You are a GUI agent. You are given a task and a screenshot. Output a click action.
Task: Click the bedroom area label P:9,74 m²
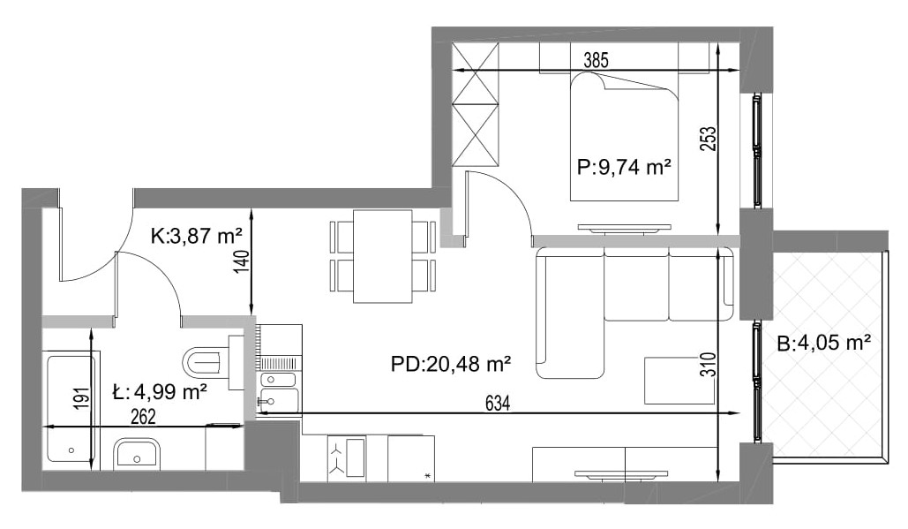[x=624, y=168]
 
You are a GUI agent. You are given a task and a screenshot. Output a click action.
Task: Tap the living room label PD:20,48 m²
[x=451, y=365]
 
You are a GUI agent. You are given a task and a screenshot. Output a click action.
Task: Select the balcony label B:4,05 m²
[x=824, y=343]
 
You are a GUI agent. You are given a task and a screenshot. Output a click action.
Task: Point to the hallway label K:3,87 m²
[x=196, y=237]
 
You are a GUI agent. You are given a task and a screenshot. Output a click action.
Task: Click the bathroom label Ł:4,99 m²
[x=160, y=392]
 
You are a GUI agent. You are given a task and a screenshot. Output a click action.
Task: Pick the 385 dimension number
[x=596, y=60]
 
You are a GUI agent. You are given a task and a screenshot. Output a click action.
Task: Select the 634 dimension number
[x=498, y=404]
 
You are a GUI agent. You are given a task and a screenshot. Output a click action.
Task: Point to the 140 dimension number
[x=243, y=262]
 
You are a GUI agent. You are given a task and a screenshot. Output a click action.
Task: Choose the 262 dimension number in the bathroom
[x=143, y=417]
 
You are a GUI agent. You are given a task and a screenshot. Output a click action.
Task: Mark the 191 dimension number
[x=83, y=398]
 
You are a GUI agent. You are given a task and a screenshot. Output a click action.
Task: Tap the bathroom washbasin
[x=137, y=453]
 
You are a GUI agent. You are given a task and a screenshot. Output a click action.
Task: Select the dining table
[x=383, y=256]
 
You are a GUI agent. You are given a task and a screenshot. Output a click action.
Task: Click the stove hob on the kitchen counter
[x=347, y=457]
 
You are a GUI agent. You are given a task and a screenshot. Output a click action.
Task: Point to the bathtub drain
[x=71, y=450]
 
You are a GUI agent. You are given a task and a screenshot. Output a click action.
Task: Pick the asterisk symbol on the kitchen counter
[x=428, y=476]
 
